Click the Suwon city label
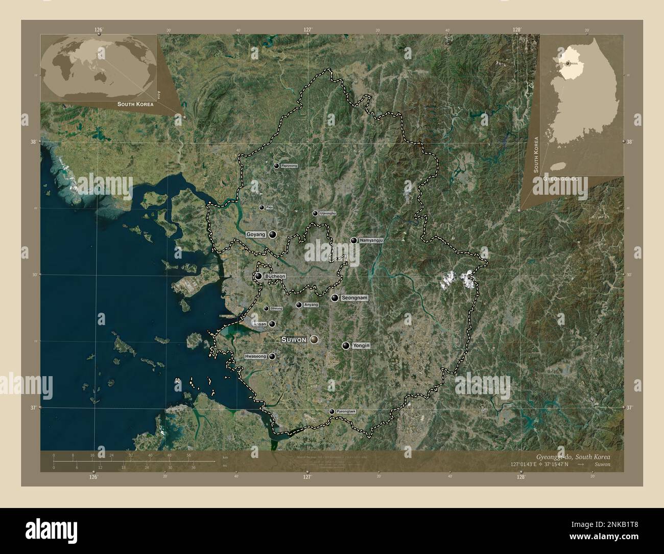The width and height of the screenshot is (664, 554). (294, 339)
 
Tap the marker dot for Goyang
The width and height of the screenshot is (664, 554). (273, 234)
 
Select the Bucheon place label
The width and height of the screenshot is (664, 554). (275, 276)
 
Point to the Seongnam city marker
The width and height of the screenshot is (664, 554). (335, 298)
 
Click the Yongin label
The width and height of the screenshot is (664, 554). (361, 346)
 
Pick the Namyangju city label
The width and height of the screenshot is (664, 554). (371, 240)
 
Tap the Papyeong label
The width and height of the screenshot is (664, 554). (289, 166)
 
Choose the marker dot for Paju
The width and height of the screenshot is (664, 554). (262, 207)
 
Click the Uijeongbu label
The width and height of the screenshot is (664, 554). (328, 213)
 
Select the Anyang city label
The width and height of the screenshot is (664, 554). (311, 305)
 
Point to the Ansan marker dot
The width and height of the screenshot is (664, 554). (272, 324)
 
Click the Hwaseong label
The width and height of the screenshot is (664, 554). (256, 356)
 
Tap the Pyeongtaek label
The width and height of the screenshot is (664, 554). (345, 411)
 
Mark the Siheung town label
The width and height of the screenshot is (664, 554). (276, 309)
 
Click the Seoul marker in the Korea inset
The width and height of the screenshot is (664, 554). (567, 64)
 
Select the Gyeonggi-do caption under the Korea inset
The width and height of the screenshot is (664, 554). (560, 179)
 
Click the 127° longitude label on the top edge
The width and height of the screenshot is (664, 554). (308, 30)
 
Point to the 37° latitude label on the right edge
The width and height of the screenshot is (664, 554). (629, 408)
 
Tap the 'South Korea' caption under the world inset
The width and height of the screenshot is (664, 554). (135, 104)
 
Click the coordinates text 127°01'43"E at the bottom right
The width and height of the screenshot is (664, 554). (539, 465)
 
